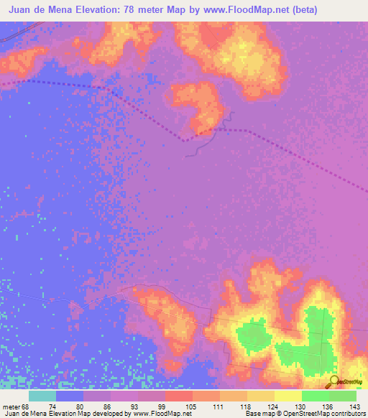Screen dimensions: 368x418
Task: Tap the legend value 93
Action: click(142, 407)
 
